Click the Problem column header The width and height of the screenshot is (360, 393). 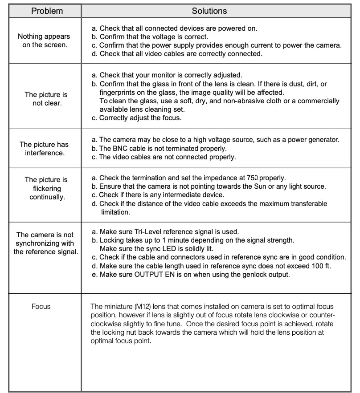(47, 11)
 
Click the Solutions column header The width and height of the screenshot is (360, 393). (209, 11)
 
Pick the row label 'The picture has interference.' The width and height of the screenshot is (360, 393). (44, 149)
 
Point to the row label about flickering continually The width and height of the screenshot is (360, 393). (46, 188)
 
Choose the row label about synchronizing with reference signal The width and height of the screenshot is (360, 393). (45, 243)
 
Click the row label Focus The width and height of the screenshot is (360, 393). (41, 306)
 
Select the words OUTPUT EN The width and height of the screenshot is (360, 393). (153, 275)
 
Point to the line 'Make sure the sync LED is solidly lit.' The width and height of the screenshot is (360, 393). (163, 249)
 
